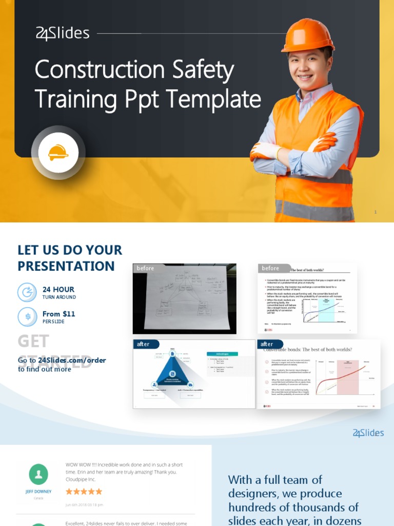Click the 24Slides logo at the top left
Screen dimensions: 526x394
(x=63, y=34)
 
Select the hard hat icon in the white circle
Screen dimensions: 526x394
(x=58, y=153)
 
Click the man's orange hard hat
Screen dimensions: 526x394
(x=308, y=36)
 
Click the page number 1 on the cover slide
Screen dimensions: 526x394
(x=376, y=212)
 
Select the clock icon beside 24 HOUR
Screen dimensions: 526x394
(x=27, y=292)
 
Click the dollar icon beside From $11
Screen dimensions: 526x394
(x=27, y=316)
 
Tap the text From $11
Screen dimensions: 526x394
(x=58, y=314)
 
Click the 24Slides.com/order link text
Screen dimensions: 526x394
(x=72, y=360)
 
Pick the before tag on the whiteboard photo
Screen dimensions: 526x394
(x=145, y=268)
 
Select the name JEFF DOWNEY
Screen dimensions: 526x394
(x=38, y=492)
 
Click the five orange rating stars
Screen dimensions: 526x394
(x=84, y=492)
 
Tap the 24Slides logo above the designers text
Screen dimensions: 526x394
(x=368, y=433)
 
